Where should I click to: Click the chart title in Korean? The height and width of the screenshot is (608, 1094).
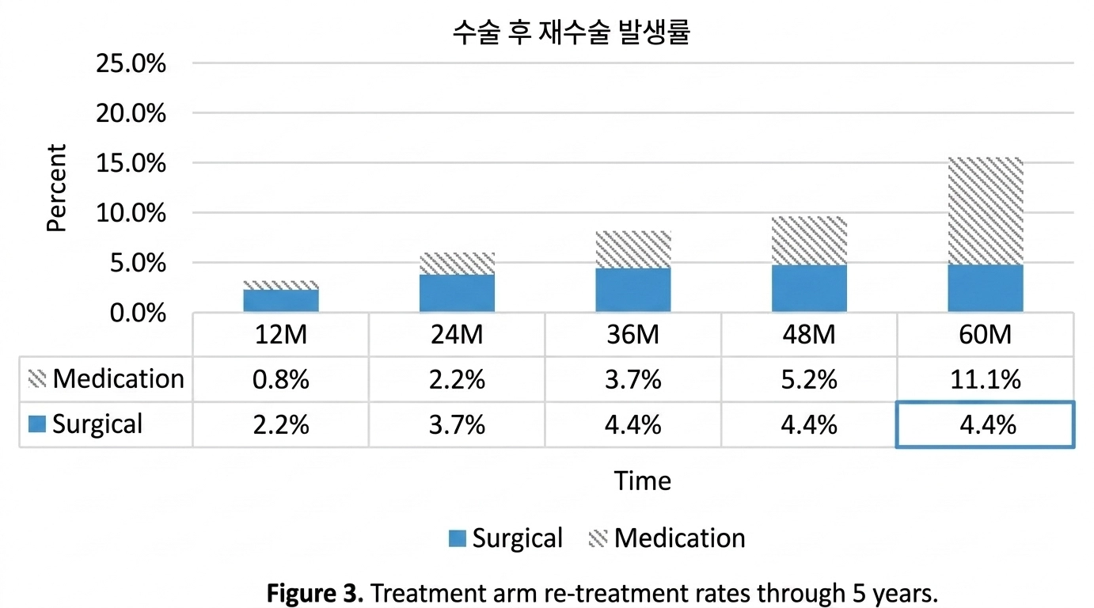572,33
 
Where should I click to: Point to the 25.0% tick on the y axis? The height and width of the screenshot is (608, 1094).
131,63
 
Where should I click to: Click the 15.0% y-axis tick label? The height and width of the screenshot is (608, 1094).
131,163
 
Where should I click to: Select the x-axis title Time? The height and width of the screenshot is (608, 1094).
642,481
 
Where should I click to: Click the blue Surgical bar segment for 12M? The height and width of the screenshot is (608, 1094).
281,301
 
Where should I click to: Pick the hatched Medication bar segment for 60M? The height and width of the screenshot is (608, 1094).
985,211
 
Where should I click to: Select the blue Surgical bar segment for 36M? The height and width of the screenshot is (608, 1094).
633,290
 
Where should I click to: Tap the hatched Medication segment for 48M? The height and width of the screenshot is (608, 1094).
809,241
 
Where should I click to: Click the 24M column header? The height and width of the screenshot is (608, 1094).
457,335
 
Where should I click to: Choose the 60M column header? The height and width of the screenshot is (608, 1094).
985,335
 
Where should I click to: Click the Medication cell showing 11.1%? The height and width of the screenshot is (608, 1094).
985,379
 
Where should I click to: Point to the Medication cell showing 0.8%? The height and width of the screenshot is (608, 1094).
281,379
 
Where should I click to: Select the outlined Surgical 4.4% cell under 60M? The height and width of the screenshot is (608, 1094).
985,425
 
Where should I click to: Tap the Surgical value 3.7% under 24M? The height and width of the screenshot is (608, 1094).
457,425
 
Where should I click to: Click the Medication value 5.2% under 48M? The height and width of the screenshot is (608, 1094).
809,379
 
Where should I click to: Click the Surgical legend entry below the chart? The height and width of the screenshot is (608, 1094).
506,538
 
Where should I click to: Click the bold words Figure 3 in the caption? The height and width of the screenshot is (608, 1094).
316,592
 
